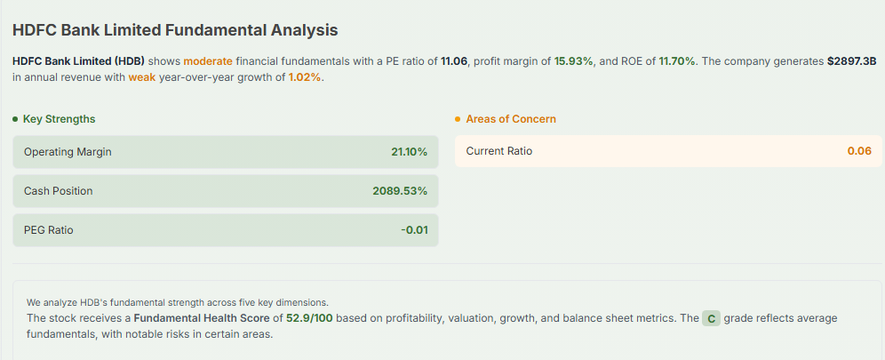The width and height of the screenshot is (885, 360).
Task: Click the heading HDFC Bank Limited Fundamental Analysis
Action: (175, 30)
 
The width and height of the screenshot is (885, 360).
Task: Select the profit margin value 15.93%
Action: (574, 61)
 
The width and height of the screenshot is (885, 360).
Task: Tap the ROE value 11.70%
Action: (678, 61)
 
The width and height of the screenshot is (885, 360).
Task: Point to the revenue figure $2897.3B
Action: (851, 61)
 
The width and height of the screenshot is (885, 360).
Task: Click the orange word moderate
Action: (208, 61)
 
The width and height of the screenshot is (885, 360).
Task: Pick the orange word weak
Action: (141, 78)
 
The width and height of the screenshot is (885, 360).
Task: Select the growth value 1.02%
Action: (305, 78)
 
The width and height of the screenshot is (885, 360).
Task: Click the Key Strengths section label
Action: (59, 119)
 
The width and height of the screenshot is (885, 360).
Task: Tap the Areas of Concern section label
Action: (511, 119)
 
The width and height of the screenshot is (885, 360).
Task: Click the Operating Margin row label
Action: (68, 152)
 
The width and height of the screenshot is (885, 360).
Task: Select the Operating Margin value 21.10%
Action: (409, 152)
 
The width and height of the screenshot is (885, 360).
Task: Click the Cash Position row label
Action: (58, 191)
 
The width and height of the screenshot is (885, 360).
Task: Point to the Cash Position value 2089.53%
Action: (400, 191)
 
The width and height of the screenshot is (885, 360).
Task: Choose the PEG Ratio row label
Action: (49, 230)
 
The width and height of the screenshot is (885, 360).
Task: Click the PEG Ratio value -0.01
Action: (414, 230)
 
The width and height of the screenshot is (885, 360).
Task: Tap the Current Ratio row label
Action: (499, 151)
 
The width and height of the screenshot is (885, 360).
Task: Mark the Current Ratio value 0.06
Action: (859, 151)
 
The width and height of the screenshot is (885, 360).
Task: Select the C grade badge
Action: (711, 318)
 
